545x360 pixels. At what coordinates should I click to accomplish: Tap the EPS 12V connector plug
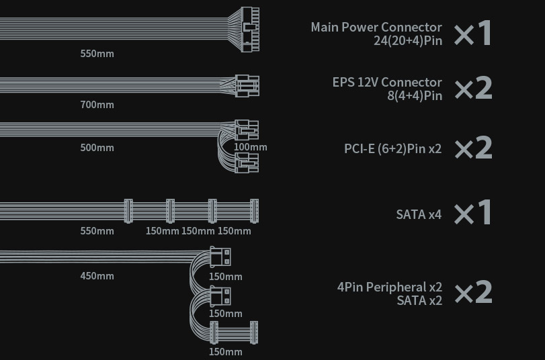247,86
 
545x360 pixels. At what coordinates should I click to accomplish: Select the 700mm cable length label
97,105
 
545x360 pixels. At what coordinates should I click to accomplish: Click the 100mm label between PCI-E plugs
251,147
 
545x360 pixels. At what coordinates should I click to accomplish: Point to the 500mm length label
97,148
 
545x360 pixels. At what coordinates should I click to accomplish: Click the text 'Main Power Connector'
376,28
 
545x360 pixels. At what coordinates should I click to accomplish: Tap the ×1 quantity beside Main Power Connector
473,34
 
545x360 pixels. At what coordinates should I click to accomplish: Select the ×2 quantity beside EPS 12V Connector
473,89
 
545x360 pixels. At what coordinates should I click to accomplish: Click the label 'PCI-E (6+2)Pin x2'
392,148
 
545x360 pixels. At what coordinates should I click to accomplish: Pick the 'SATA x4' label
419,215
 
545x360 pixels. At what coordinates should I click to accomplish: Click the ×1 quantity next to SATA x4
473,213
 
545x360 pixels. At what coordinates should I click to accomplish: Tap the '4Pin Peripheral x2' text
390,287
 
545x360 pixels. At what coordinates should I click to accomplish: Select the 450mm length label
97,276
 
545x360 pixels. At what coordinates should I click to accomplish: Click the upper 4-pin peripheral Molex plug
220,257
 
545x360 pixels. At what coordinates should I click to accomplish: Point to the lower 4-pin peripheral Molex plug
220,296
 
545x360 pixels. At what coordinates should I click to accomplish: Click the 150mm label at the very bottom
225,352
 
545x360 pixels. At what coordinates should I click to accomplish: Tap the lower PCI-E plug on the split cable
247,162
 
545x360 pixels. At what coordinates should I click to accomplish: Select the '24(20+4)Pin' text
408,40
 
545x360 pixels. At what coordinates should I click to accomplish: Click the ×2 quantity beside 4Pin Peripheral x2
473,293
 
